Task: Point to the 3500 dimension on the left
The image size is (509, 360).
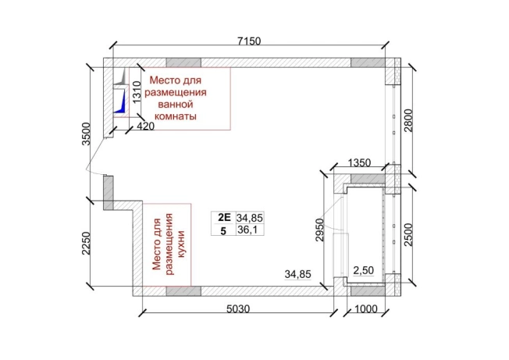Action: click(x=87, y=134)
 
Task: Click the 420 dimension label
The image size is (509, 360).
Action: click(x=145, y=124)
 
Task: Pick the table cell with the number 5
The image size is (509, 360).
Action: click(x=223, y=231)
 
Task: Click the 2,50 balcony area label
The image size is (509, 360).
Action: click(x=365, y=270)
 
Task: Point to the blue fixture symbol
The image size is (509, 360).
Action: click(x=120, y=102)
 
